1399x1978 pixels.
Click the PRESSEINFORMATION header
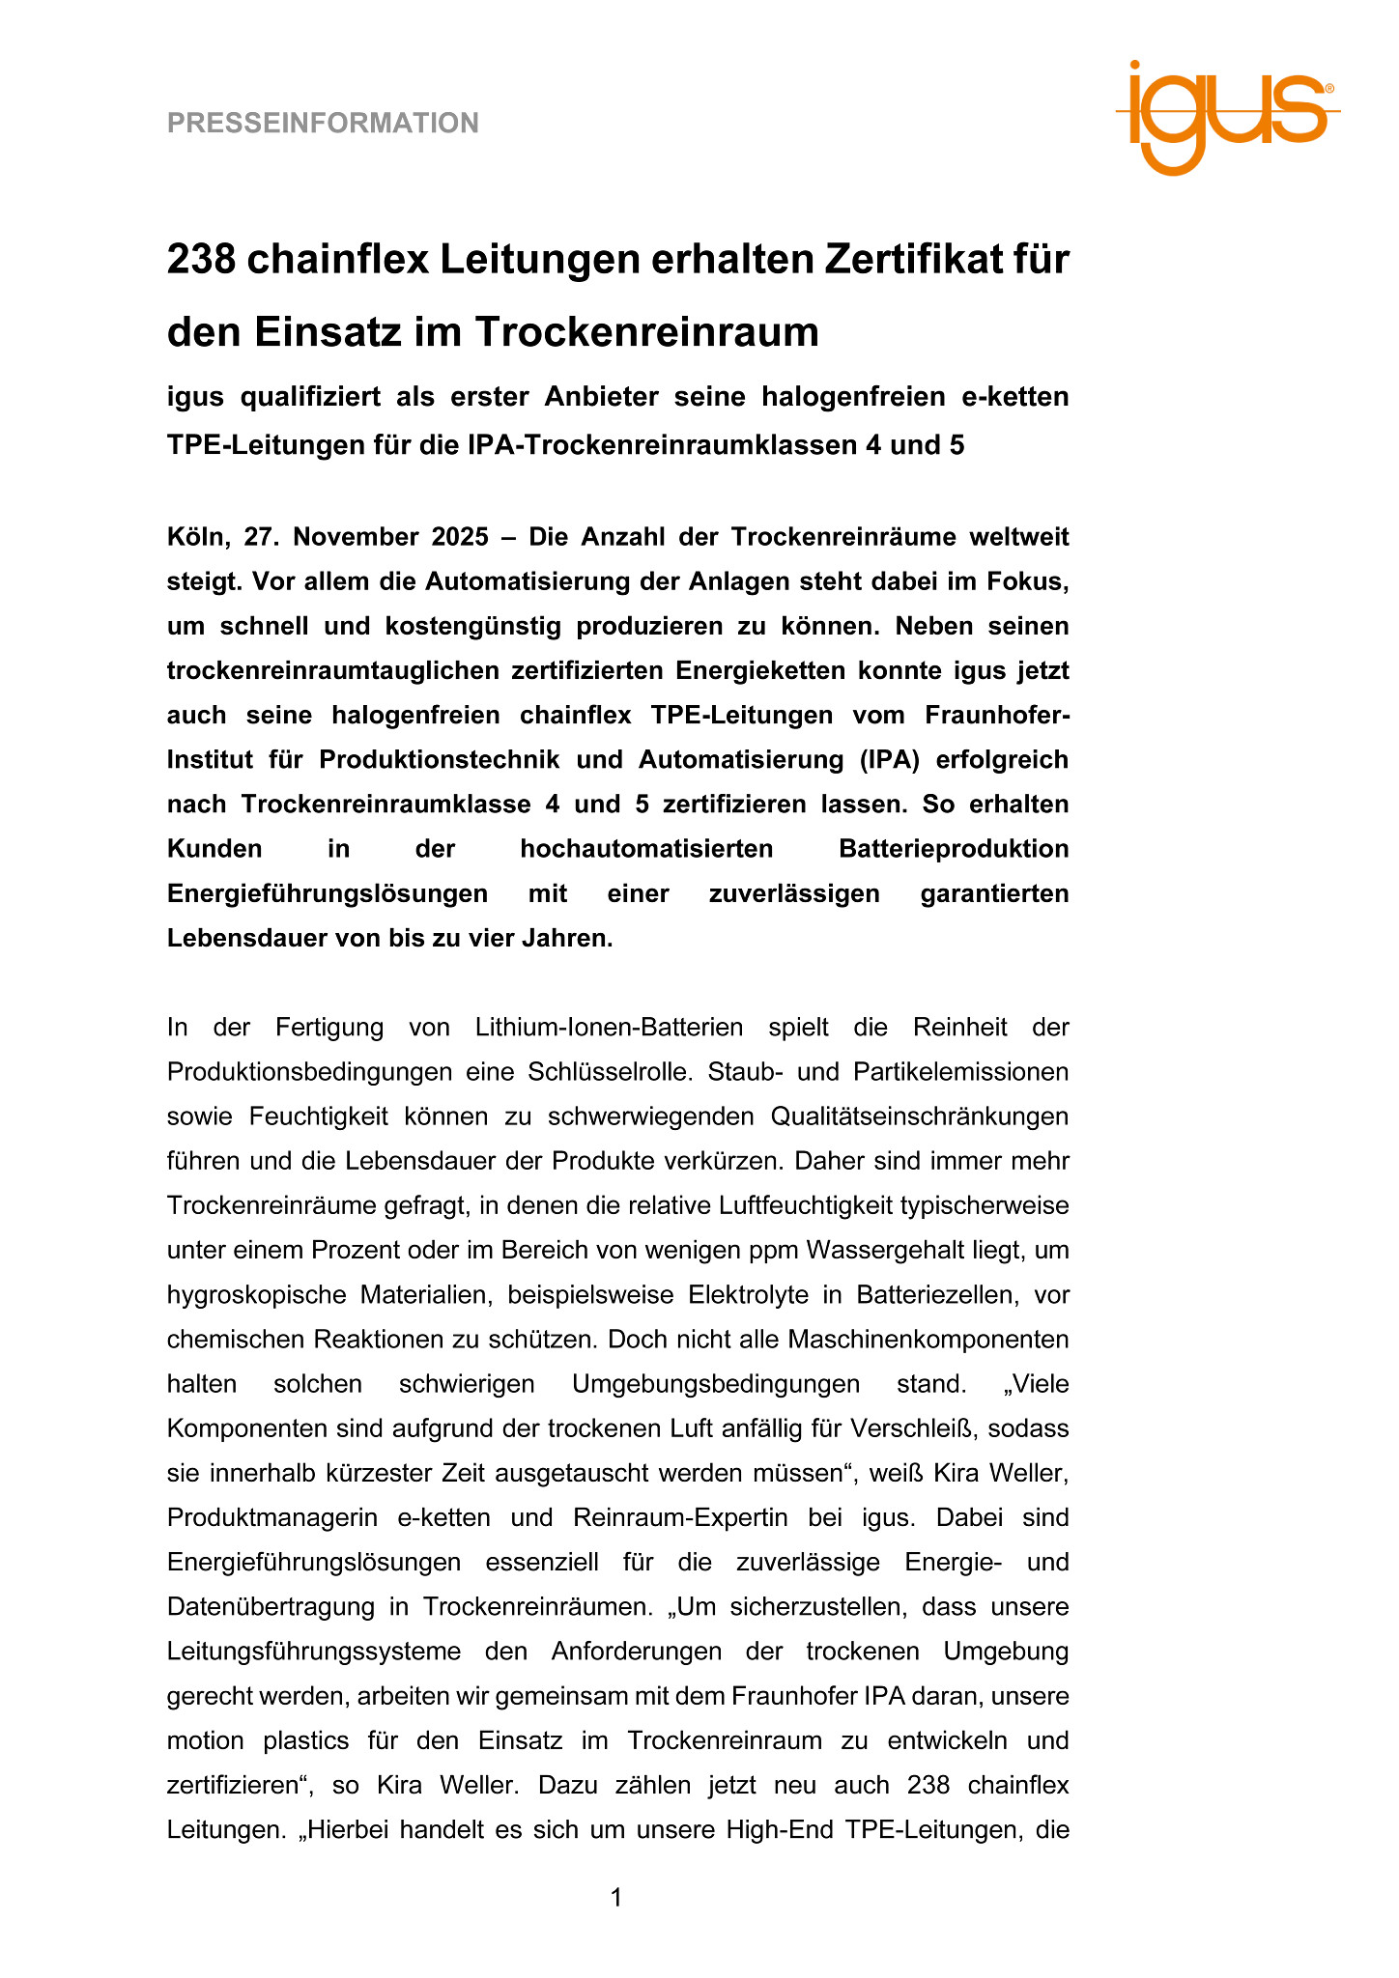(x=323, y=124)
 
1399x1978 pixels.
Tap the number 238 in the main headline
(x=201, y=259)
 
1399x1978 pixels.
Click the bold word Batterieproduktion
(x=954, y=849)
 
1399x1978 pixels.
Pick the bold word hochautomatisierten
(x=646, y=849)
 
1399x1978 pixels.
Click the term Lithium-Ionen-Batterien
(x=609, y=1027)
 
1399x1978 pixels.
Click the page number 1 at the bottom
(x=616, y=1898)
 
